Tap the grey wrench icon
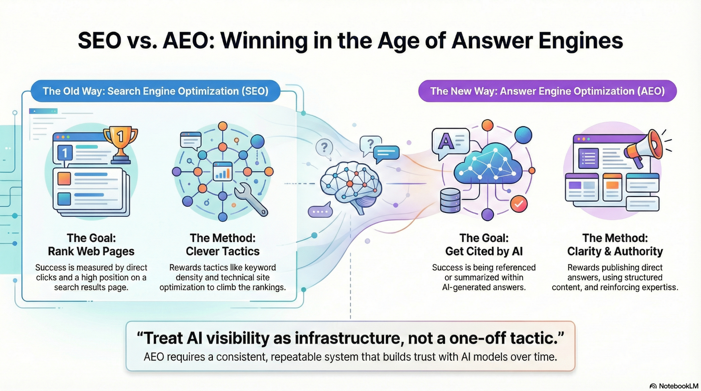[x=251, y=200]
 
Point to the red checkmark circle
[x=519, y=204]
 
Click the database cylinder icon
[x=450, y=200]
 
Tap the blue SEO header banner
[x=155, y=91]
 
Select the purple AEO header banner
[x=547, y=91]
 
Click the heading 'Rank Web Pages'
[x=91, y=251]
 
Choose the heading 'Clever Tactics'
[x=223, y=251]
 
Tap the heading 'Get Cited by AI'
[x=484, y=251]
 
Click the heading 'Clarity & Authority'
[x=615, y=251]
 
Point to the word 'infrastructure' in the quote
[x=348, y=338]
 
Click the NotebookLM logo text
[x=674, y=386]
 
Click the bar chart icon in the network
[x=222, y=172]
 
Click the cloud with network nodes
[x=488, y=164]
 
